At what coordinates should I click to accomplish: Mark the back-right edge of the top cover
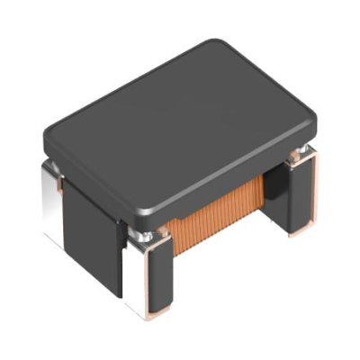pyautogui.click(x=270, y=81)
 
